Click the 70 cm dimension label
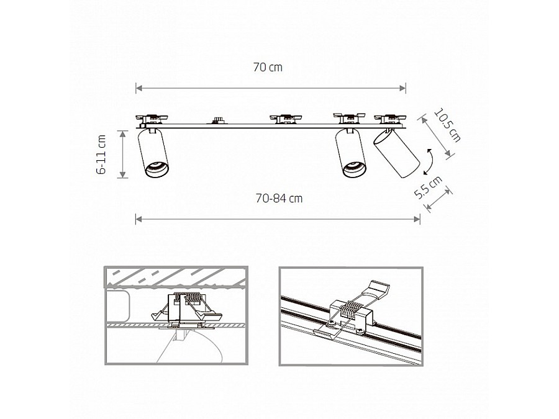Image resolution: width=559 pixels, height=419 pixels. pos(268,67)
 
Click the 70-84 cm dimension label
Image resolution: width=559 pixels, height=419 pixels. pos(279,198)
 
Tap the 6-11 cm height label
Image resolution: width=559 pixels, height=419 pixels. pos(102,155)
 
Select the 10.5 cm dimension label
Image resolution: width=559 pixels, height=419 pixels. pos(447,125)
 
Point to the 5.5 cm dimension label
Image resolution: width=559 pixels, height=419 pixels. pos(428,187)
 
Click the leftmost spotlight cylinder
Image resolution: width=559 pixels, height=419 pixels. pos(153,153)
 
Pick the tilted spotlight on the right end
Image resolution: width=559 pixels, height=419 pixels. pos(396,154)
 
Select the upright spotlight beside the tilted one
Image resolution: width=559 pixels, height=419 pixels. pos(350,153)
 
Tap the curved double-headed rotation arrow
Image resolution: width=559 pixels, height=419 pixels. pos(428,162)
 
